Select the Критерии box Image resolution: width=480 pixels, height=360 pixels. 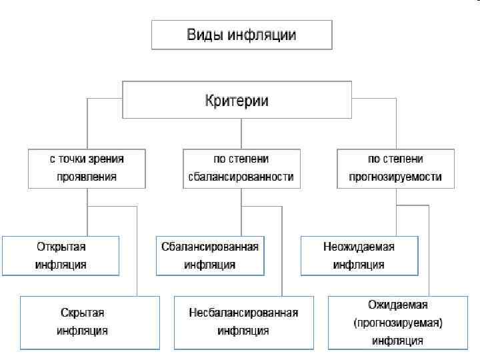236,99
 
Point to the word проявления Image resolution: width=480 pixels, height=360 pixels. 87,177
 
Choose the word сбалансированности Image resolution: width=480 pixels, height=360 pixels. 241,177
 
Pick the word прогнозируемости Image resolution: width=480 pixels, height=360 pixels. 396,177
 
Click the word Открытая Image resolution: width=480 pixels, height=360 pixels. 61,247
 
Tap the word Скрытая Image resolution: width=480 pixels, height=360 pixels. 81,313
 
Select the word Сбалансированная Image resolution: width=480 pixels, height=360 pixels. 210,247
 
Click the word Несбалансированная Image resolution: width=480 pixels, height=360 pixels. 243,313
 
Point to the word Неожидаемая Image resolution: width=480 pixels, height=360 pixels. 359,247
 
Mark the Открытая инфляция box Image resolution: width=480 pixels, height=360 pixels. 61,255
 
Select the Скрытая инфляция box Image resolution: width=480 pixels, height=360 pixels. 90,323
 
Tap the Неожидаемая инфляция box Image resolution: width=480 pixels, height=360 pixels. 359,255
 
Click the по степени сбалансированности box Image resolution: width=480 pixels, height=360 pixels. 241,168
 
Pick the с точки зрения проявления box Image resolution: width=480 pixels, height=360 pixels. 87,168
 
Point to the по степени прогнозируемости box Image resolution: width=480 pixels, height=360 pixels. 396,168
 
